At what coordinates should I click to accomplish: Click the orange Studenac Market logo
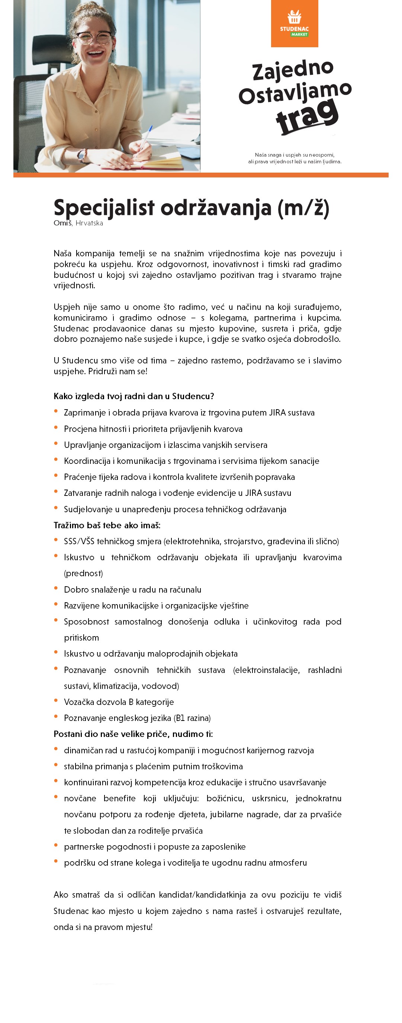pos(295,23)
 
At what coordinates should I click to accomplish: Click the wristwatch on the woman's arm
pos(82,155)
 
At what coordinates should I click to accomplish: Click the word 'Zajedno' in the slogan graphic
pos(293,70)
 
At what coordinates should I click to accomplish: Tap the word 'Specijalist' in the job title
pos(104,208)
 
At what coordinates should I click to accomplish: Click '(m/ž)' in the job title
pos(303,208)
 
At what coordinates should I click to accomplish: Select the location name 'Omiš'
pos(63,223)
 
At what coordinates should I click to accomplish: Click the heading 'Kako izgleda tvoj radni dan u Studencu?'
pos(134,396)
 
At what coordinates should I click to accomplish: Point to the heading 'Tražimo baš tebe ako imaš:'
pos(107,525)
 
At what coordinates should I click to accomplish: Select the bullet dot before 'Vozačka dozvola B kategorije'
pos(56,700)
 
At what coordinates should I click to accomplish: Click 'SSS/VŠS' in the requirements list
pos(78,541)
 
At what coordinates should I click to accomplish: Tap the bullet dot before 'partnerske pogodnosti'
pos(56,845)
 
